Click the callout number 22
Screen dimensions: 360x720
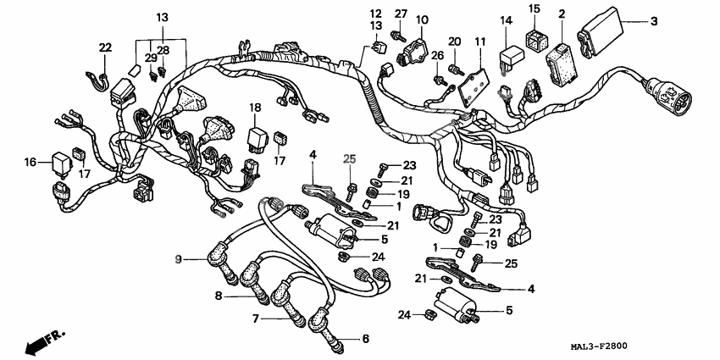[x=105, y=47]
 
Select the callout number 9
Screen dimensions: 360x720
[x=179, y=258]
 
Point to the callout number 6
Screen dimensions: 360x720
[x=366, y=339]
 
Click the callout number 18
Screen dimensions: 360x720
[x=255, y=107]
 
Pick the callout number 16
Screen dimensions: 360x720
[x=30, y=161]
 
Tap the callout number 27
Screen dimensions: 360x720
[x=402, y=14]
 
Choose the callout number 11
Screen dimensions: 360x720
[x=480, y=42]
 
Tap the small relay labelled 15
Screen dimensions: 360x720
[x=535, y=39]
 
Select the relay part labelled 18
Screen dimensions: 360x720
[x=257, y=136]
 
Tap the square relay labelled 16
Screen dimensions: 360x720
[x=61, y=160]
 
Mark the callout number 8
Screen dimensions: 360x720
[x=219, y=296]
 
